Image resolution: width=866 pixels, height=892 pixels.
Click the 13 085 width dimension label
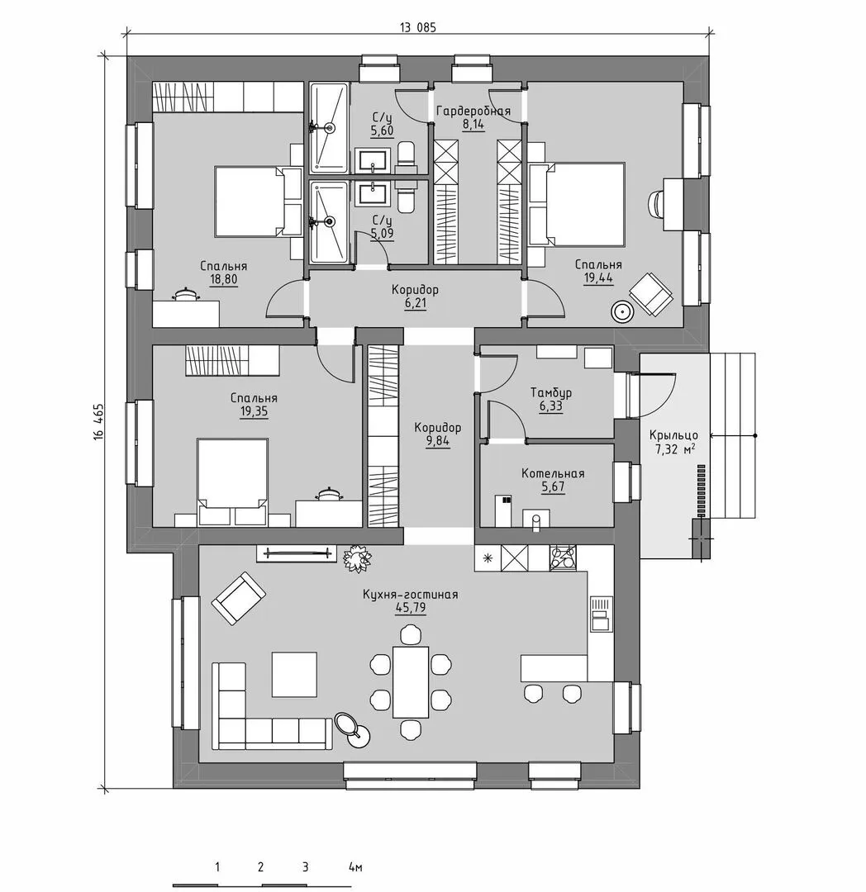(418, 27)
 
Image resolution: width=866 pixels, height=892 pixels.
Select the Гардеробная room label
(473, 111)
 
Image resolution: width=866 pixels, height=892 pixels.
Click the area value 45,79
(411, 608)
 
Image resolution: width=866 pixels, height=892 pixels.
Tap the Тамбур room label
(551, 392)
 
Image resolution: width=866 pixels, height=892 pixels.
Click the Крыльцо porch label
(673, 436)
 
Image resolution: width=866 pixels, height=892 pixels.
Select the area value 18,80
(224, 279)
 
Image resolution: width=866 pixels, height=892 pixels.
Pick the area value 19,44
(598, 278)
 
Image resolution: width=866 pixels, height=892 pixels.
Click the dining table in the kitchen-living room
(411, 681)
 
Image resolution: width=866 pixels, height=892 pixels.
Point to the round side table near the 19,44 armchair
(621, 311)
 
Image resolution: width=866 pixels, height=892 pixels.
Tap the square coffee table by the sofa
(294, 674)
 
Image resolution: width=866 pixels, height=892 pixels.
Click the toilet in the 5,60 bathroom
(407, 159)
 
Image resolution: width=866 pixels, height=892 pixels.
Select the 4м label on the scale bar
(355, 867)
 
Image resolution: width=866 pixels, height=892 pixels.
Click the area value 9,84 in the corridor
(438, 441)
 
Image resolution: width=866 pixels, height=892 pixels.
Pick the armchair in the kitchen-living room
(239, 599)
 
